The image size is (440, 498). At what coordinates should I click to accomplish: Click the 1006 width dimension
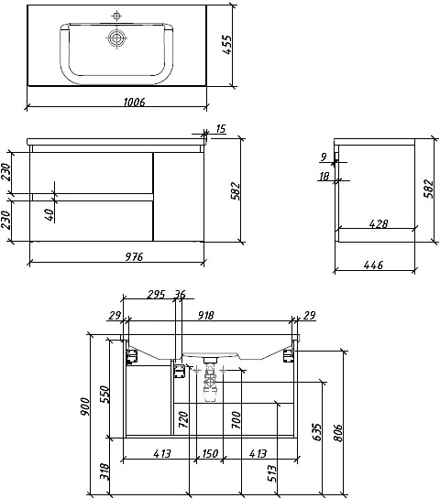[134, 102]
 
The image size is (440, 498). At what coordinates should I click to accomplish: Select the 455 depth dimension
[227, 45]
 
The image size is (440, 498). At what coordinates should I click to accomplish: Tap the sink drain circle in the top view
[116, 38]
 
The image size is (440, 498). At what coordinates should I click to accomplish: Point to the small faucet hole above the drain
[116, 16]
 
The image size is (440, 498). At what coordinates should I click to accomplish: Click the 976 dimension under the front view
[134, 256]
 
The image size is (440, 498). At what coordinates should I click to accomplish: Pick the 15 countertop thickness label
[221, 129]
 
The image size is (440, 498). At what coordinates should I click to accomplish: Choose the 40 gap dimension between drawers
[49, 215]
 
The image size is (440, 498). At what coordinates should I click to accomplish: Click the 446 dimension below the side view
[373, 265]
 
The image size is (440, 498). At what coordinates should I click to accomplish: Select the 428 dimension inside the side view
[379, 224]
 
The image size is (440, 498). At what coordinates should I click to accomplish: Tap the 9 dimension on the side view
[324, 157]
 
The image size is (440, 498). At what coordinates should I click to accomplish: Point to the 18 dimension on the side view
[324, 177]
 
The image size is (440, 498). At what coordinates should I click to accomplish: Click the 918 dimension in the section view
[206, 316]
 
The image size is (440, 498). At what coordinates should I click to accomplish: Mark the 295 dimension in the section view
[156, 295]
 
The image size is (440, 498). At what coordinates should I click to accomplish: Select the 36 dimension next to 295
[180, 295]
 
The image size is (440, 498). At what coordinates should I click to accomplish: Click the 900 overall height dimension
[85, 406]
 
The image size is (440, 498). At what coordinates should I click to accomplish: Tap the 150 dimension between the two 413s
[210, 453]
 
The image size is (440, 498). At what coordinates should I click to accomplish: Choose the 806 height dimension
[338, 433]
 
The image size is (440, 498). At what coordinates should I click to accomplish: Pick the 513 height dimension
[272, 473]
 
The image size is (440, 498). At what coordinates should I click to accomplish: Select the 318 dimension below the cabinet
[104, 471]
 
